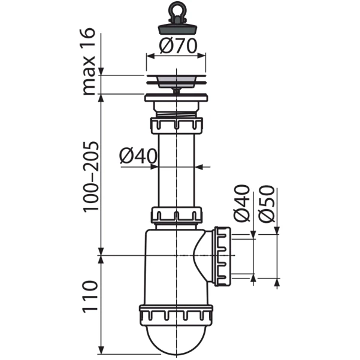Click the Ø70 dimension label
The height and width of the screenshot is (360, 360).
(179, 46)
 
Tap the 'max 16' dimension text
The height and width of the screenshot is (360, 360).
(87, 62)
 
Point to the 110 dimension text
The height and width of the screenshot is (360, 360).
(90, 297)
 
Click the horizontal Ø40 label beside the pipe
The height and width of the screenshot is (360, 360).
(138, 156)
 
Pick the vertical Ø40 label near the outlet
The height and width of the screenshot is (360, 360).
(242, 204)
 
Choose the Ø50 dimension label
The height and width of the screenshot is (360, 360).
(267, 204)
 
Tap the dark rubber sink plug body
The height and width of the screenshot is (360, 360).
(177, 29)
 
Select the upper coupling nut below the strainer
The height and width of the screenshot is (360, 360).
(177, 126)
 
